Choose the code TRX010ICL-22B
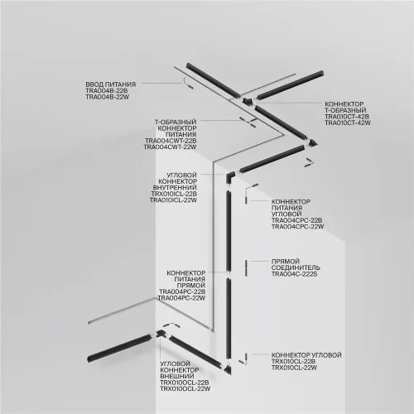[x=176, y=194]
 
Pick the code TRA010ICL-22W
[x=176, y=200]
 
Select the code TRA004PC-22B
[x=181, y=291]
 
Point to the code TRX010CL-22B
[x=296, y=361]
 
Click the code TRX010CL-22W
[x=296, y=368]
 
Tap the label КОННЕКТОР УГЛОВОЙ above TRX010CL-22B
[x=306, y=354]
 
